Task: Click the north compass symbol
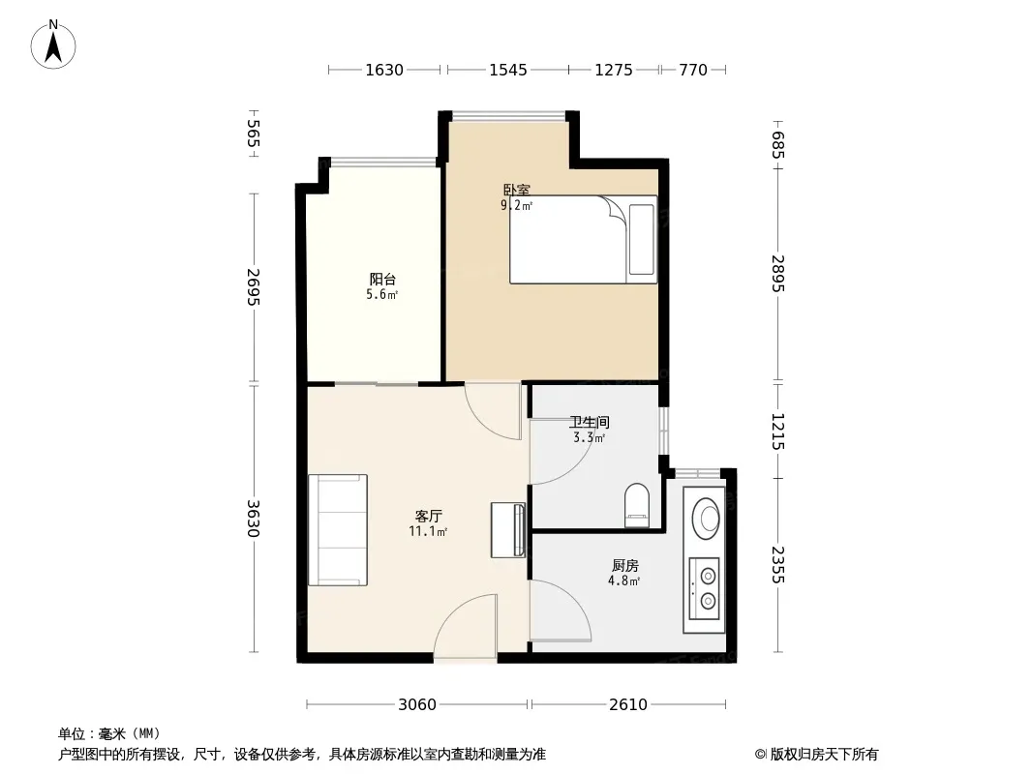coord(53,45)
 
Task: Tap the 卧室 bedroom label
coord(517,190)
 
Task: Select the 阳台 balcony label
coord(382,280)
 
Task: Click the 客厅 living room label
coord(429,517)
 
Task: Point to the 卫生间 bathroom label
coord(589,422)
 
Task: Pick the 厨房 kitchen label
coord(624,566)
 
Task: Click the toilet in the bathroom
coord(636,506)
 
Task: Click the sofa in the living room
coord(338,529)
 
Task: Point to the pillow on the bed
coord(641,239)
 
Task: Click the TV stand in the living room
coord(508,530)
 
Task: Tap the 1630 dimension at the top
coord(384,70)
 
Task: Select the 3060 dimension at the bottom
coord(417,704)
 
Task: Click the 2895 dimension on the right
coord(778,274)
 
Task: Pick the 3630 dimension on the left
coord(254,519)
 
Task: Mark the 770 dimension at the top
coord(693,70)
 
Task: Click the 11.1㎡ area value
coord(428,531)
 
